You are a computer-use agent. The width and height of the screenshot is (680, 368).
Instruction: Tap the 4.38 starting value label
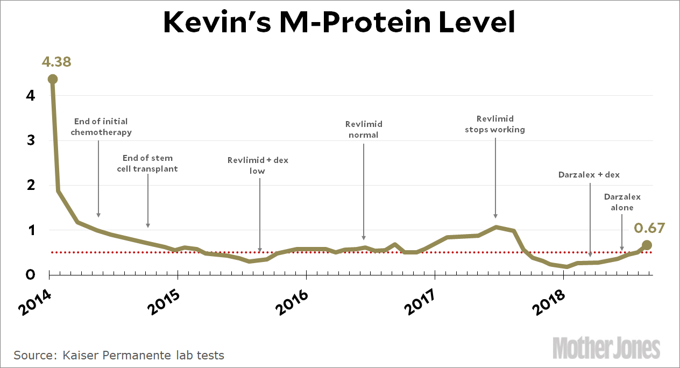pyautogui.click(x=56, y=62)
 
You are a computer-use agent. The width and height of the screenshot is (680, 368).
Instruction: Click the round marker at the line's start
pyautogui.click(x=53, y=79)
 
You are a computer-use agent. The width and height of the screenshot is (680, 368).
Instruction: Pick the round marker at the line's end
pyautogui.click(x=647, y=245)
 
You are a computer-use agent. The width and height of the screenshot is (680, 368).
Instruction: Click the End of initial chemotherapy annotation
pyautogui.click(x=101, y=126)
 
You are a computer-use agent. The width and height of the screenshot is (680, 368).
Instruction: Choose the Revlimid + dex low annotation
pyautogui.click(x=258, y=165)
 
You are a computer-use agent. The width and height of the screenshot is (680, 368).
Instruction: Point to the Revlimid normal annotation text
pyautogui.click(x=364, y=129)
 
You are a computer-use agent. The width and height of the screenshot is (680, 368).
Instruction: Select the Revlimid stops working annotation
pyautogui.click(x=495, y=124)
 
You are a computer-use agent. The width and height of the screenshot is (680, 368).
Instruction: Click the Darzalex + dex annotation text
pyautogui.click(x=589, y=175)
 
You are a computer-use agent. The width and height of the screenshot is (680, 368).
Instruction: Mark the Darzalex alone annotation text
pyautogui.click(x=622, y=202)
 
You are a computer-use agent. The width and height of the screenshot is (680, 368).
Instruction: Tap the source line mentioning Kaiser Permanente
pyautogui.click(x=119, y=355)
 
